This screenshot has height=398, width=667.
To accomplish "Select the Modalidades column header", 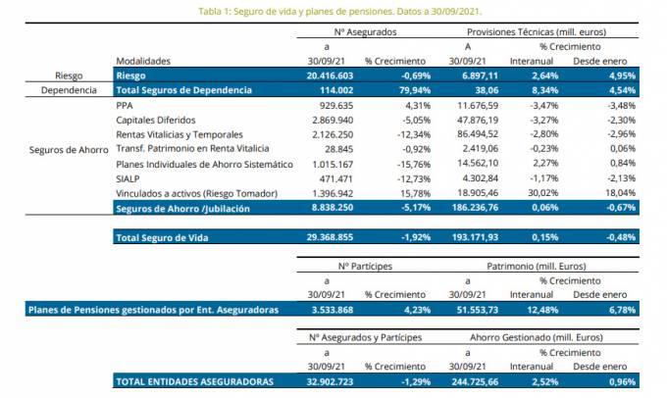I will tap(144, 60).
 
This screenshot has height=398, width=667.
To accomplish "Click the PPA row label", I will tap(125, 105).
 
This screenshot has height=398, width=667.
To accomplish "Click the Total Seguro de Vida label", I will tap(162, 236).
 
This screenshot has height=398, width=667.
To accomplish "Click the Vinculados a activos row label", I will tap(196, 193).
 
